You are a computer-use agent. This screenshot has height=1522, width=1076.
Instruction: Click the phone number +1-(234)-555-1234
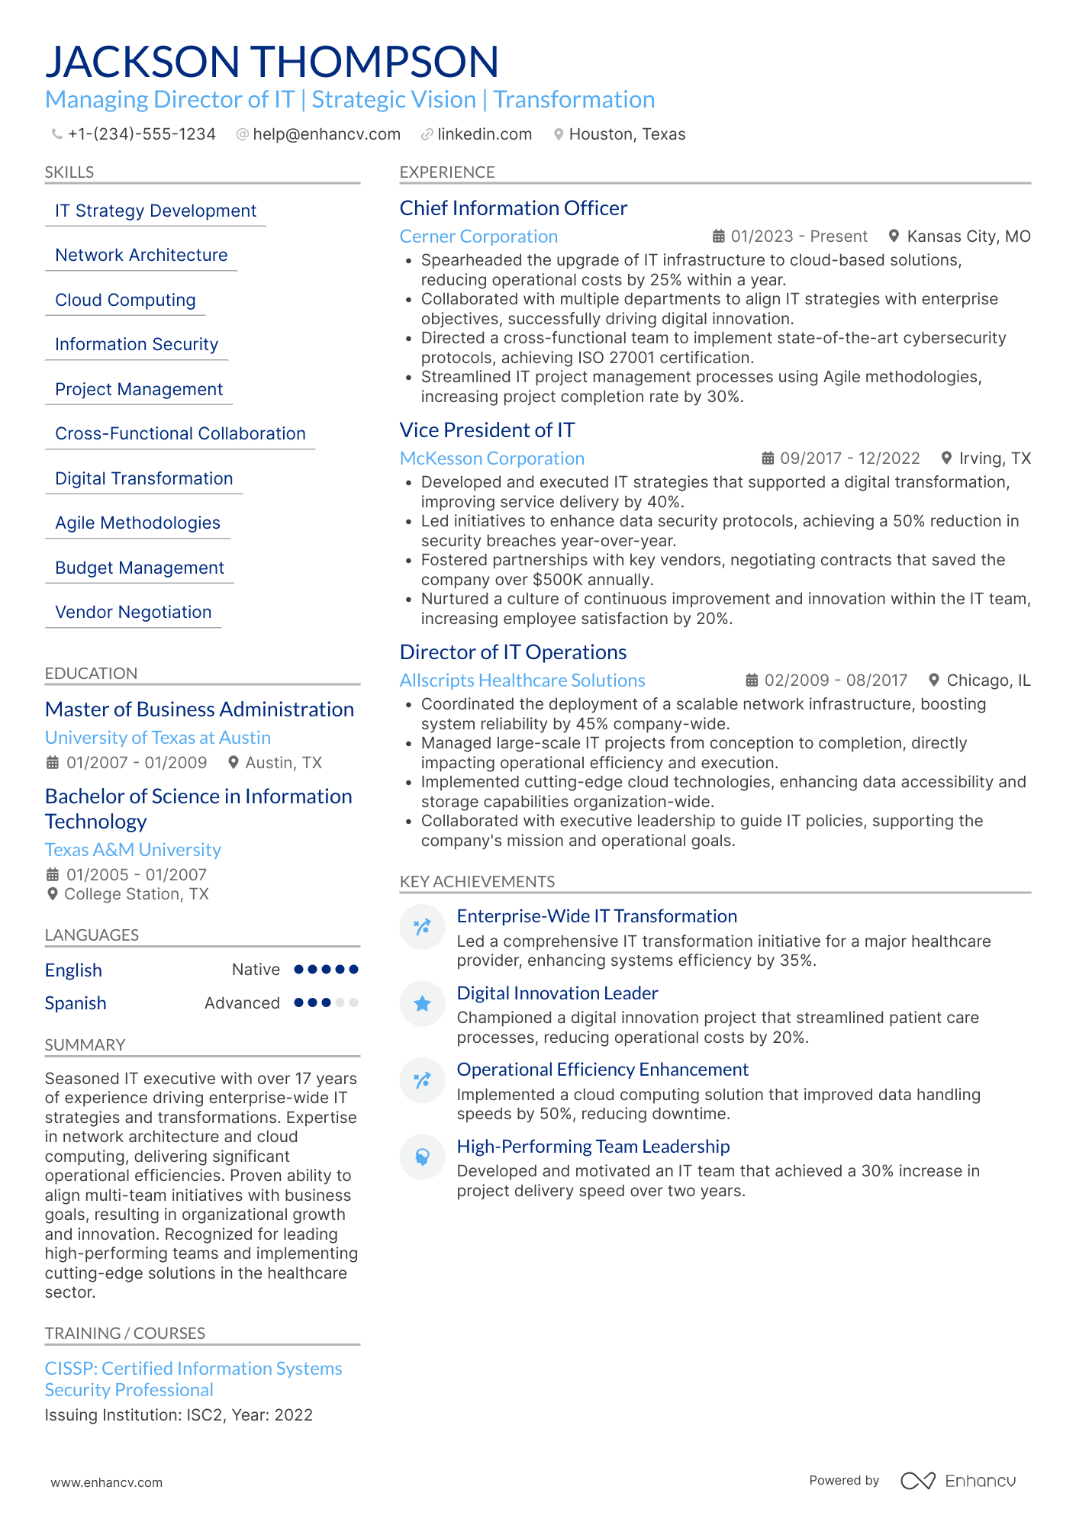pyautogui.click(x=141, y=134)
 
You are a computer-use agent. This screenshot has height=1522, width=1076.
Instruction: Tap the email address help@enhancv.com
pyautogui.click(x=326, y=134)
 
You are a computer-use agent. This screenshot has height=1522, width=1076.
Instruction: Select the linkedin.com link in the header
pyautogui.click(x=484, y=134)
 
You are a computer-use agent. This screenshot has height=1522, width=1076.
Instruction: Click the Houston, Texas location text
pyautogui.click(x=627, y=134)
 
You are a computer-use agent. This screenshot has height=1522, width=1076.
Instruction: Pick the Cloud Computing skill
pyautogui.click(x=125, y=300)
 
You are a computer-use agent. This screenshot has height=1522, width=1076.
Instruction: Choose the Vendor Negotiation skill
pyautogui.click(x=133, y=612)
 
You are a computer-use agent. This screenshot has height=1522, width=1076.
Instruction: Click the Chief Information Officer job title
pyautogui.click(x=513, y=208)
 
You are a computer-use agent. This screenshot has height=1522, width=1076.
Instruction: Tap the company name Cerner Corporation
pyautogui.click(x=478, y=237)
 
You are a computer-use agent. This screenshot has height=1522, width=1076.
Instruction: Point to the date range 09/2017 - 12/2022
pyautogui.click(x=849, y=459)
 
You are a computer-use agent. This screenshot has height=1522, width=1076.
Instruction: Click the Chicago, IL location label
pyautogui.click(x=987, y=681)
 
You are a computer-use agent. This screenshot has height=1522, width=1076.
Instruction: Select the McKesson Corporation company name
pyautogui.click(x=491, y=459)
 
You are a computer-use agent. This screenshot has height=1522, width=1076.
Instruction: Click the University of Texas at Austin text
pyautogui.click(x=157, y=738)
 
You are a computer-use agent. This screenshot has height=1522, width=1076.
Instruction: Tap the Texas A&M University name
pyautogui.click(x=133, y=850)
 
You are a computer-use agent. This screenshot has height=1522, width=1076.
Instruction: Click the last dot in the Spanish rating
pyautogui.click(x=353, y=1002)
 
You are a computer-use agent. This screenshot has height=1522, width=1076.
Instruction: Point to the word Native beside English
pyautogui.click(x=256, y=970)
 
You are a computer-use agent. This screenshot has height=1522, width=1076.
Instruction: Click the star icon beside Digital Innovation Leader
pyautogui.click(x=422, y=1004)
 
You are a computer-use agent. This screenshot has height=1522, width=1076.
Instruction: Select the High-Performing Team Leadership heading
pyautogui.click(x=593, y=1147)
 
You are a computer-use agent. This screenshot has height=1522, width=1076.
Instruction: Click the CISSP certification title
pyautogui.click(x=193, y=1379)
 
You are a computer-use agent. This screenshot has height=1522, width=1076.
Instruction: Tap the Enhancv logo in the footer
pyautogui.click(x=958, y=1481)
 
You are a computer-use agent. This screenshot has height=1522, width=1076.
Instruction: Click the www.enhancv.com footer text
pyautogui.click(x=106, y=1482)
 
